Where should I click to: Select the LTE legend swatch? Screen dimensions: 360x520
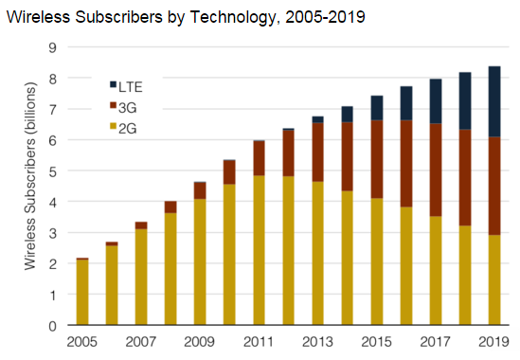[114, 85]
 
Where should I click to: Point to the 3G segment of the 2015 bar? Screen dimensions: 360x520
[376, 159]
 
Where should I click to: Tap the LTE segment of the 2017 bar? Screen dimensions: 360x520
[434, 101]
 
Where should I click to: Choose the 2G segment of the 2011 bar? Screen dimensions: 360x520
[259, 251]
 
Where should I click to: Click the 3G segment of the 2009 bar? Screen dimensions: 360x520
[200, 190]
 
